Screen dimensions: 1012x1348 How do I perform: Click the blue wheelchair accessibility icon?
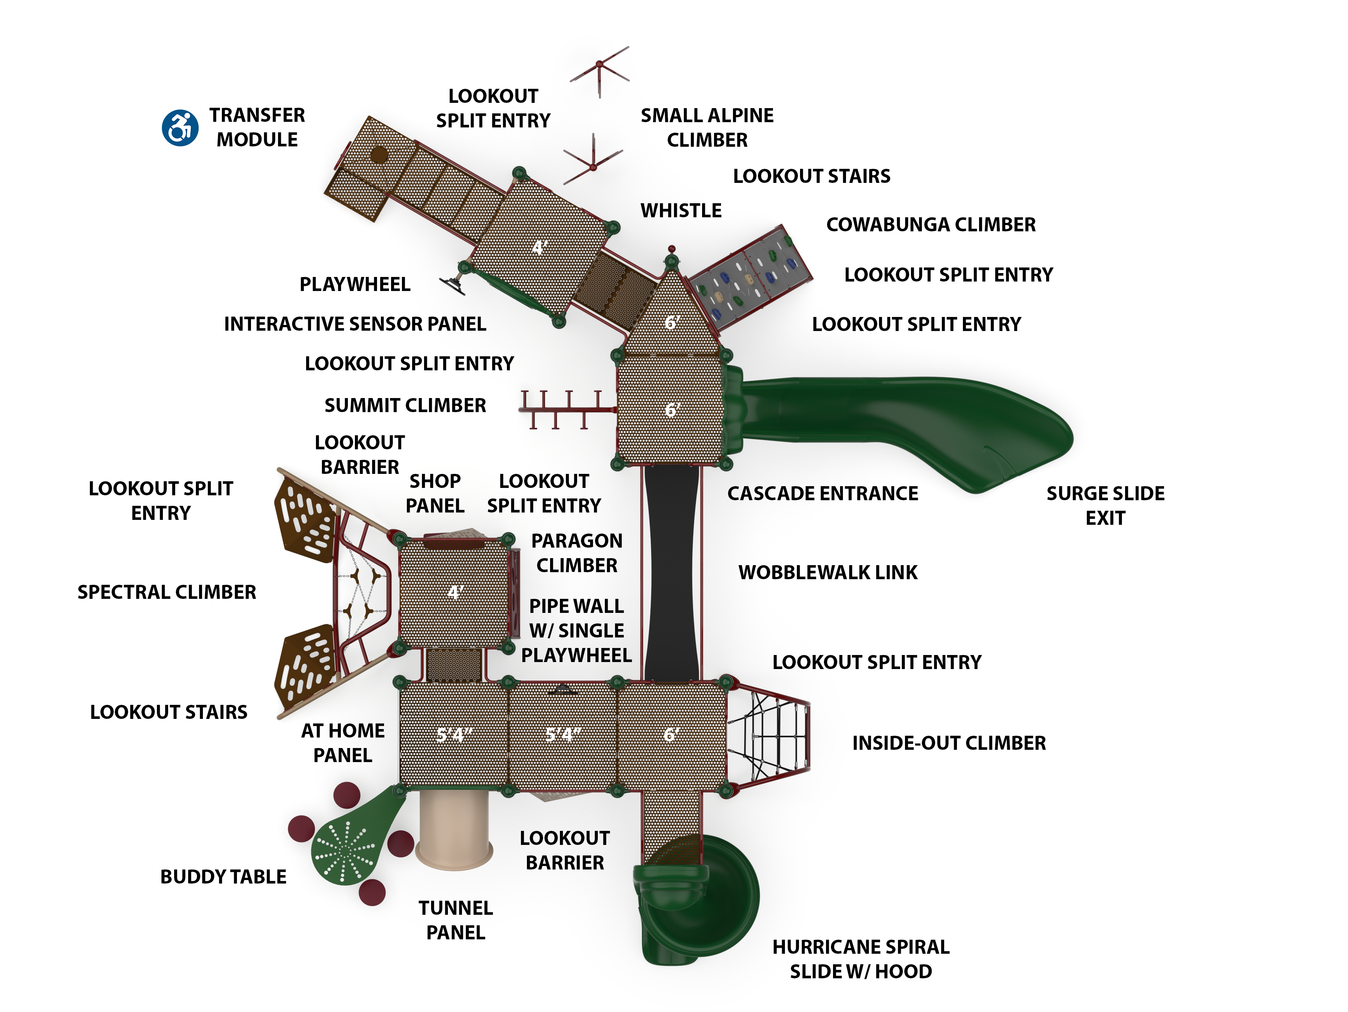tap(180, 128)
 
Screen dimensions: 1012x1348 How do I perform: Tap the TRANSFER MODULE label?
tap(257, 127)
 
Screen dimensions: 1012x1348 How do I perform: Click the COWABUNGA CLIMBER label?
tap(931, 225)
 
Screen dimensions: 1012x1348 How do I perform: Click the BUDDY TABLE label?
tap(223, 877)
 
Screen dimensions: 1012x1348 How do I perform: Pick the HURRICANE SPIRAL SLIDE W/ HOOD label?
tap(860, 959)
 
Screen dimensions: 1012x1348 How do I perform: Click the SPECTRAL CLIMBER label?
tap(166, 592)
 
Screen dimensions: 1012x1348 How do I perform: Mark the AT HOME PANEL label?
tap(343, 743)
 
